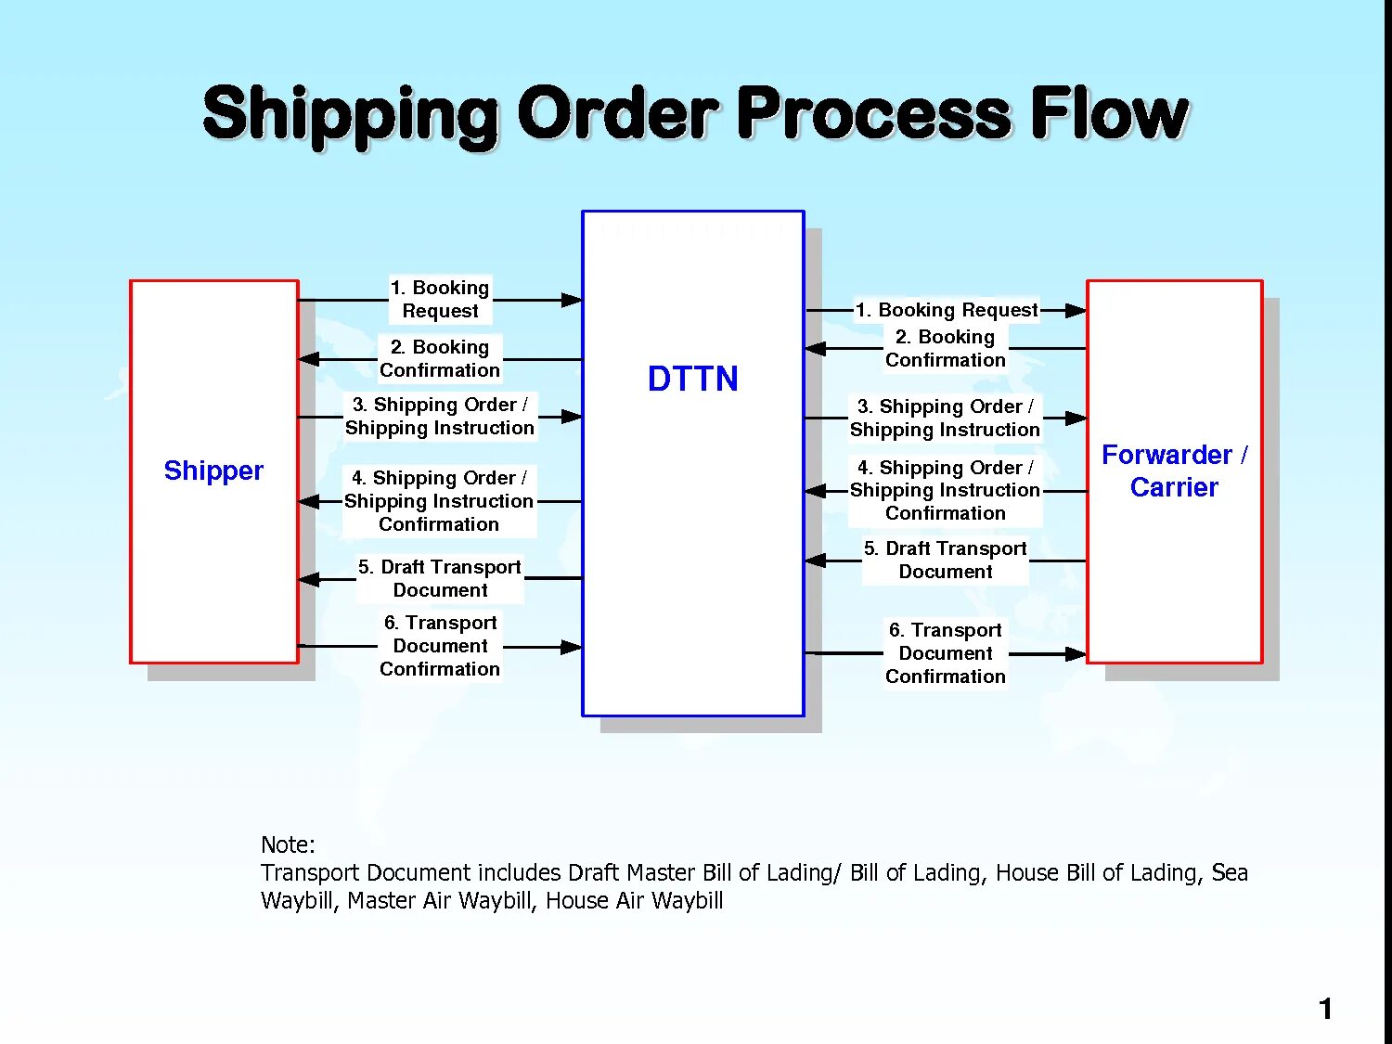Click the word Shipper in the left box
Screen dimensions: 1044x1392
[213, 470]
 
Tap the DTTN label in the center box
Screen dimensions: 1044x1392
[692, 379]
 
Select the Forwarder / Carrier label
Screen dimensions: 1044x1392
[1174, 470]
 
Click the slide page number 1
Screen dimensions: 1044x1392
[1325, 1008]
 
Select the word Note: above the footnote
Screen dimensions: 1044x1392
[288, 844]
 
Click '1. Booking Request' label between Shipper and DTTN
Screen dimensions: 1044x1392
[440, 299]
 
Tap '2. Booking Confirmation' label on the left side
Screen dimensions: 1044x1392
[440, 358]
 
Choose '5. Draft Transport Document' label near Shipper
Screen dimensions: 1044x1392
[440, 578]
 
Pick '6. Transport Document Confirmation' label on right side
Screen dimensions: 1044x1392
[945, 653]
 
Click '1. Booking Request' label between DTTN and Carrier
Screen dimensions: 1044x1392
[946, 310]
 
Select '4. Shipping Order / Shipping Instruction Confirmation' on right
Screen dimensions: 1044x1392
[945, 490]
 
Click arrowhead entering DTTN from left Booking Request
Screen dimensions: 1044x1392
[571, 300]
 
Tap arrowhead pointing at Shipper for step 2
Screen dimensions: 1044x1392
[309, 359]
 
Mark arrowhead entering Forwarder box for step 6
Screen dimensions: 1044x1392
[1075, 654]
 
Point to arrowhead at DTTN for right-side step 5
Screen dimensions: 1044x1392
[816, 560]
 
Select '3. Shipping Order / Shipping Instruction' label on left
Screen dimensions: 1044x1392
[440, 416]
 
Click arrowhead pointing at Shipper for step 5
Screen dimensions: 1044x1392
[309, 579]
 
